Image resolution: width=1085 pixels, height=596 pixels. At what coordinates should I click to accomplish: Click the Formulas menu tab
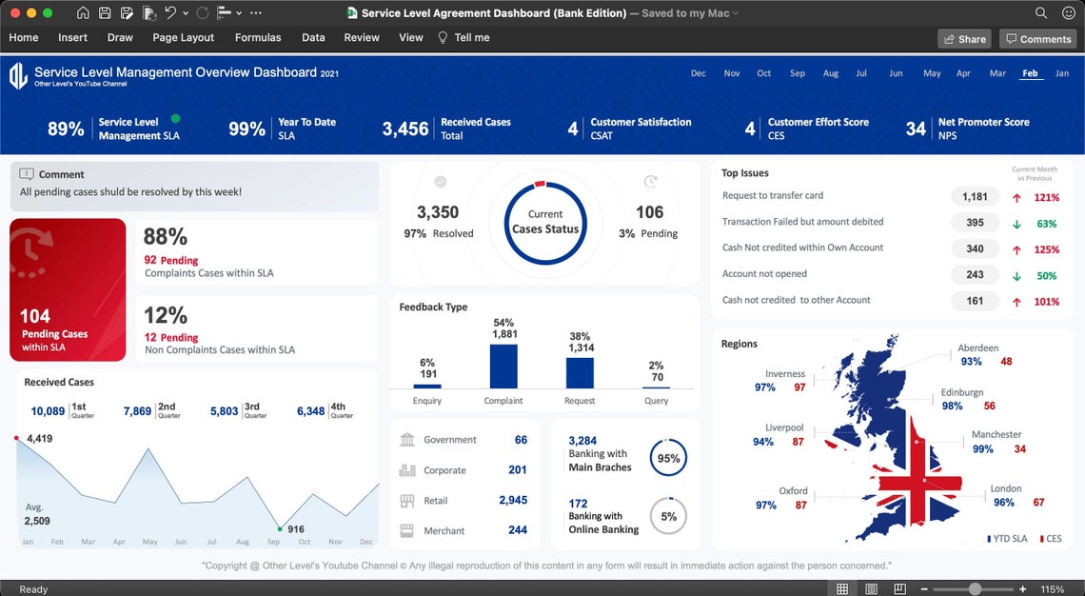(258, 37)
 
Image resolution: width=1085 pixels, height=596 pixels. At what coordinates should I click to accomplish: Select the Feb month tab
(1030, 73)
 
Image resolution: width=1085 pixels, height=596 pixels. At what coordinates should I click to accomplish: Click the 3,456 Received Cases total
(405, 129)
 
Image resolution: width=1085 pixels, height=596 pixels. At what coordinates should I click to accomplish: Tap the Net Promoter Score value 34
(916, 129)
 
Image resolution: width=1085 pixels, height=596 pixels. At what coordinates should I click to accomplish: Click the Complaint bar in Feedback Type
(503, 366)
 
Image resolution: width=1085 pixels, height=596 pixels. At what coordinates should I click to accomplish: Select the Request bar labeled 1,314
(580, 372)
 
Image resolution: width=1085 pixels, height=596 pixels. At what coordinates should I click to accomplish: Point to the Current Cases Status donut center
(545, 222)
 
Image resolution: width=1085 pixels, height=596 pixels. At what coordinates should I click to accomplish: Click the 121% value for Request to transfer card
(1047, 197)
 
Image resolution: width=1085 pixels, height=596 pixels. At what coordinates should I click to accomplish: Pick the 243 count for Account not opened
(975, 275)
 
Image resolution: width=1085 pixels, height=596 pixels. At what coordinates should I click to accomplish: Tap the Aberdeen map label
(977, 348)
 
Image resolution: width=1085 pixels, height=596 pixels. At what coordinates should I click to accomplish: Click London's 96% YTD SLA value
(1003, 503)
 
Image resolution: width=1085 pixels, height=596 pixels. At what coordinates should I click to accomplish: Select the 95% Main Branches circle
(668, 458)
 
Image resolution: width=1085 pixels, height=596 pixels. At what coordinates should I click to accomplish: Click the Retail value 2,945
(512, 500)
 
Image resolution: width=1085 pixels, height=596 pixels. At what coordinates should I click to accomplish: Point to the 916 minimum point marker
(279, 527)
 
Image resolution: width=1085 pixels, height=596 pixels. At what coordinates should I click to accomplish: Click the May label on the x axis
(149, 542)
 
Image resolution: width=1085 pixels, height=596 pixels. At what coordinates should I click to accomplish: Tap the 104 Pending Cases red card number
(35, 316)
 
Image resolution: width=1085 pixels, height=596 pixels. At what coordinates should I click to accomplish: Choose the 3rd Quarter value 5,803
(224, 411)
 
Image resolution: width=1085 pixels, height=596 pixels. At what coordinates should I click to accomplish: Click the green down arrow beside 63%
(1016, 224)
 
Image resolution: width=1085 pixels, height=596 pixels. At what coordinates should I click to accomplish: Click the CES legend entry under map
(1051, 539)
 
